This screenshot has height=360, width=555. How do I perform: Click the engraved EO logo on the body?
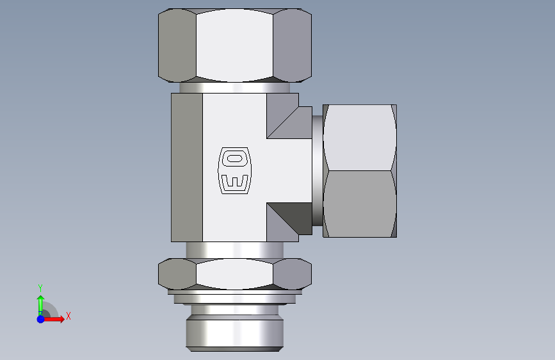pyautogui.click(x=234, y=170)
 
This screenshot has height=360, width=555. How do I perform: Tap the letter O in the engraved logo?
pyautogui.click(x=234, y=158)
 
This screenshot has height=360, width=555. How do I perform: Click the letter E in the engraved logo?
pyautogui.click(x=234, y=181)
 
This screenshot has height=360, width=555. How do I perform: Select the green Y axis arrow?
pyautogui.click(x=40, y=305)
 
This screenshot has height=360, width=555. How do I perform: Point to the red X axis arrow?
pyautogui.click(x=53, y=319)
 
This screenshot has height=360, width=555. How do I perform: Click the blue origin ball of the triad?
pyautogui.click(x=41, y=319)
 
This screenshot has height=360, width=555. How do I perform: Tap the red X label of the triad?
pyautogui.click(x=68, y=316)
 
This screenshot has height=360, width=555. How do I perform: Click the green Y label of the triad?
pyautogui.click(x=40, y=288)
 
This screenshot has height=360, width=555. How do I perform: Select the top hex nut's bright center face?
pyautogui.click(x=234, y=45)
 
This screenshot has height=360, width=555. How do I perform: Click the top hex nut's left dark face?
pyautogui.click(x=177, y=45)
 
